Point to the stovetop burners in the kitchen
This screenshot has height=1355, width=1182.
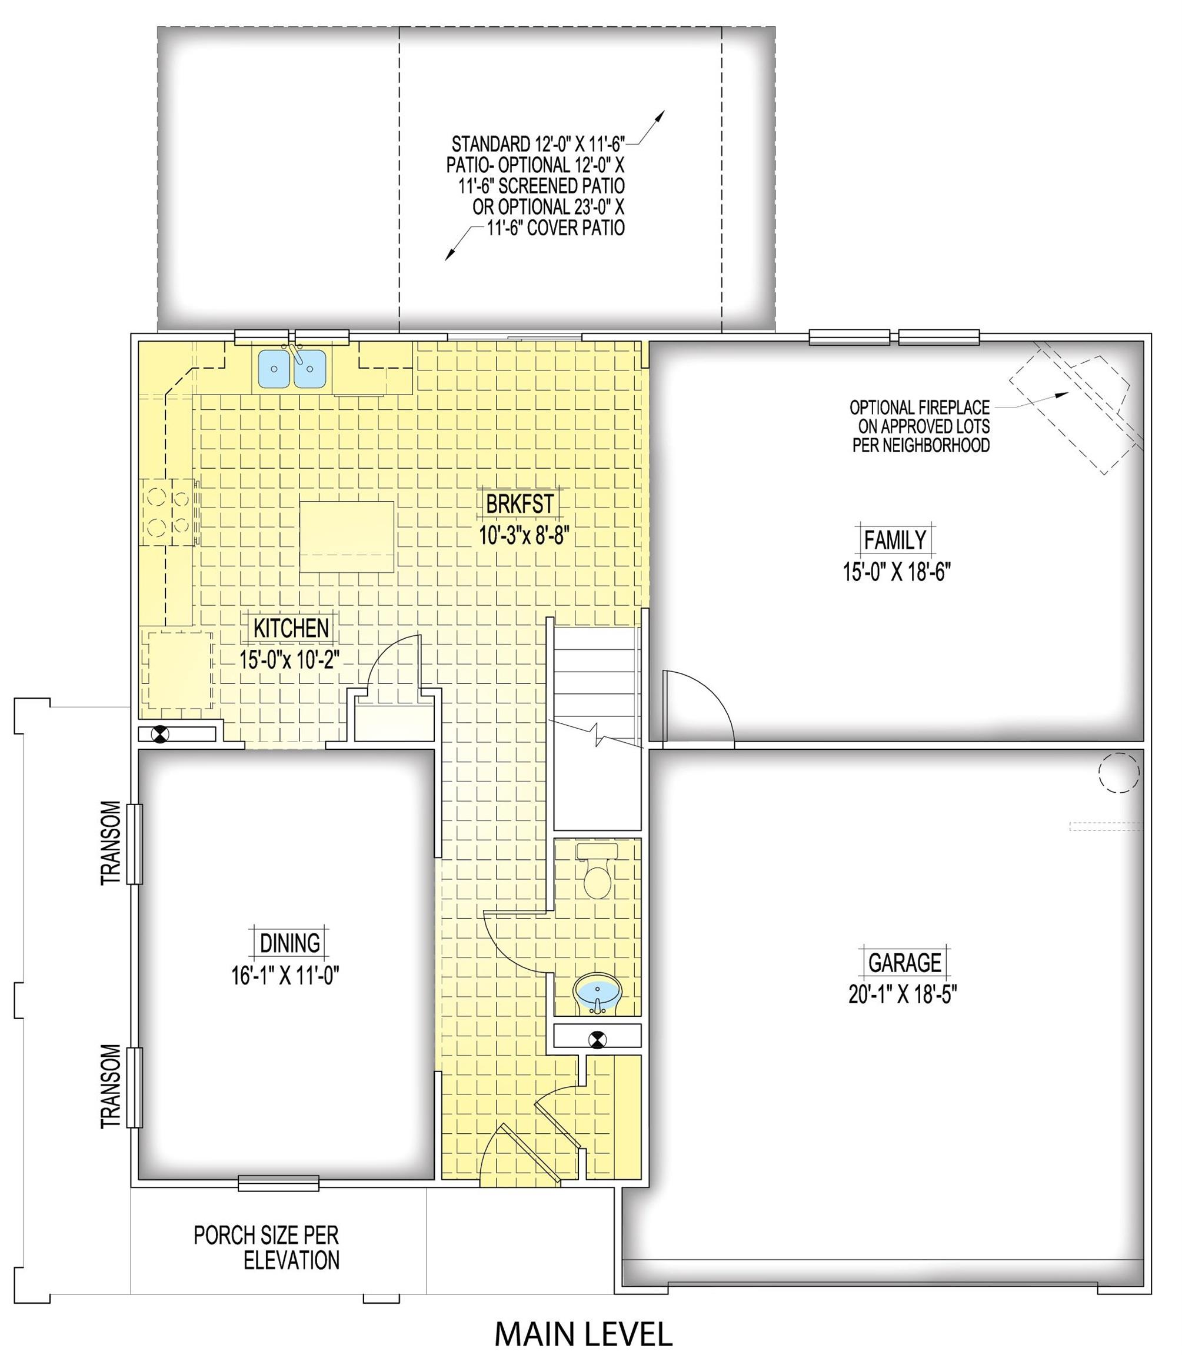click(169, 511)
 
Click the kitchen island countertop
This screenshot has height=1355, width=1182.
click(347, 537)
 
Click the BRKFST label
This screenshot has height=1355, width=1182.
click(520, 505)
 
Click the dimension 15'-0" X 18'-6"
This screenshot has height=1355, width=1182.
click(897, 571)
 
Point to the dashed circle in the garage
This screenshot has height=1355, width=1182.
click(1118, 772)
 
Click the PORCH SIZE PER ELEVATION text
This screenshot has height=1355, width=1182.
click(267, 1248)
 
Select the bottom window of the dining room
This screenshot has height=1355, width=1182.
click(278, 1183)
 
